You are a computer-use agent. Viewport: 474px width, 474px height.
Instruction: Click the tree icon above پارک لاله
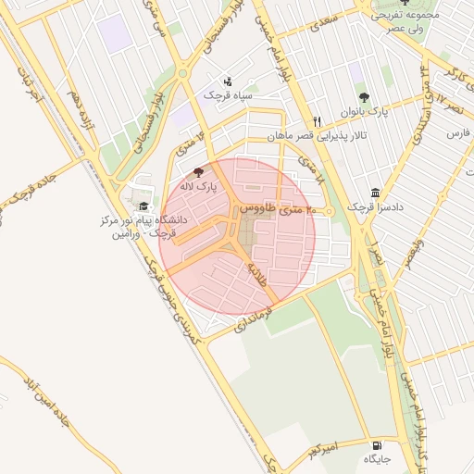[197, 172]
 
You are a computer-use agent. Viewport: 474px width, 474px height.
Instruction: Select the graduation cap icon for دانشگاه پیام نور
[143, 206]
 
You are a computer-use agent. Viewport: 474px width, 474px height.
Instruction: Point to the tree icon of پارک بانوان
[363, 97]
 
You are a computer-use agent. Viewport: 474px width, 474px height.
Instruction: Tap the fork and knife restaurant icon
[317, 121]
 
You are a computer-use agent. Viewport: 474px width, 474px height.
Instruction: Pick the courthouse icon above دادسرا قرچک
[375, 193]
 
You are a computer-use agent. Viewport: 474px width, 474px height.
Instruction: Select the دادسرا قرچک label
[371, 206]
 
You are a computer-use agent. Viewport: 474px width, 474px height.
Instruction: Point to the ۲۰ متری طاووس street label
[276, 211]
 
